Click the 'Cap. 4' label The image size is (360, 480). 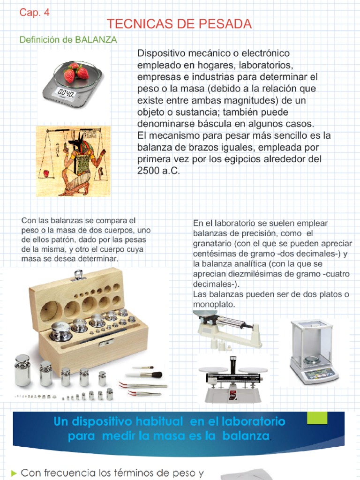point(34,13)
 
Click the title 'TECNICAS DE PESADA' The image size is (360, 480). point(180,24)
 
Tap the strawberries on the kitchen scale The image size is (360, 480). point(76,72)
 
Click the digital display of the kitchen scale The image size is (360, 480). point(64,93)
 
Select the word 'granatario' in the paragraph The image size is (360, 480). point(211,244)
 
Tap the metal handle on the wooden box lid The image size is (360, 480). point(79,274)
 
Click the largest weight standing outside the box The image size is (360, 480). point(22,370)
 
